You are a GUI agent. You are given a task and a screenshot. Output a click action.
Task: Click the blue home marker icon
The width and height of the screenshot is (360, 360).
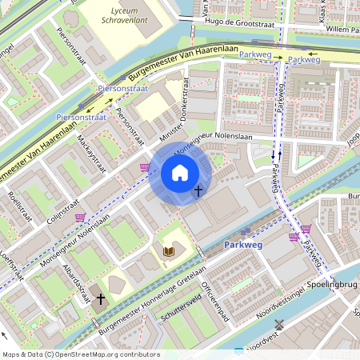pos(180,173)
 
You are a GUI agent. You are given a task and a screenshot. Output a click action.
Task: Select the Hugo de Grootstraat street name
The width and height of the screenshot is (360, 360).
pos(240,23)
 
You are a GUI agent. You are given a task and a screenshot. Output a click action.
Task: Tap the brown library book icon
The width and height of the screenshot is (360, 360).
pos(168,252)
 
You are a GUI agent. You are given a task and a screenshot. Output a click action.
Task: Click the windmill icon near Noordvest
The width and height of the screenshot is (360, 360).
pos(279,324)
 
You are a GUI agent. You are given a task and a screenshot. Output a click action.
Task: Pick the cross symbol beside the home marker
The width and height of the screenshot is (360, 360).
pos(198,190)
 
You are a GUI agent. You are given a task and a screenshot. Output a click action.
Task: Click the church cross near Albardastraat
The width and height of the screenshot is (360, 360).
pos(100,299)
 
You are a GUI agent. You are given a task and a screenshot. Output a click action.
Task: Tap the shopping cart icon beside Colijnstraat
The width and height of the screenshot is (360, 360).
pos(80,217)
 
